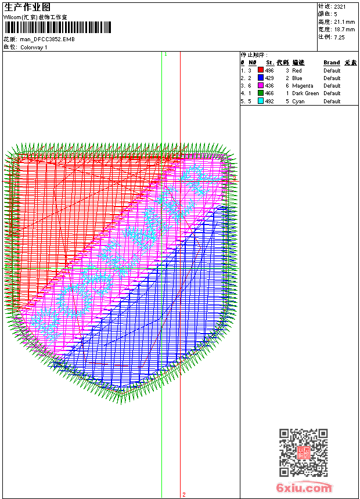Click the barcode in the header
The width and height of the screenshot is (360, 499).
click(x=57, y=27)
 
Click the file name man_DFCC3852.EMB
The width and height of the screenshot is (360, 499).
click(x=47, y=39)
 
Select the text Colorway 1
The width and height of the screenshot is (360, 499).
click(x=34, y=48)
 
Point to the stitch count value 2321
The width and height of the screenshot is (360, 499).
click(x=340, y=6)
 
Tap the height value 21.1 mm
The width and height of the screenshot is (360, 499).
click(x=344, y=22)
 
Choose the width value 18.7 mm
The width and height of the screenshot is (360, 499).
click(x=344, y=30)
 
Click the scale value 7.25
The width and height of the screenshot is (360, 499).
click(x=339, y=37)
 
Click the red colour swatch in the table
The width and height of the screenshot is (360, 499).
click(x=261, y=70)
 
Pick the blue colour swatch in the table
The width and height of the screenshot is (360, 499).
click(x=261, y=78)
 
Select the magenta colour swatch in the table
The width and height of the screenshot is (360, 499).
click(x=261, y=86)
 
